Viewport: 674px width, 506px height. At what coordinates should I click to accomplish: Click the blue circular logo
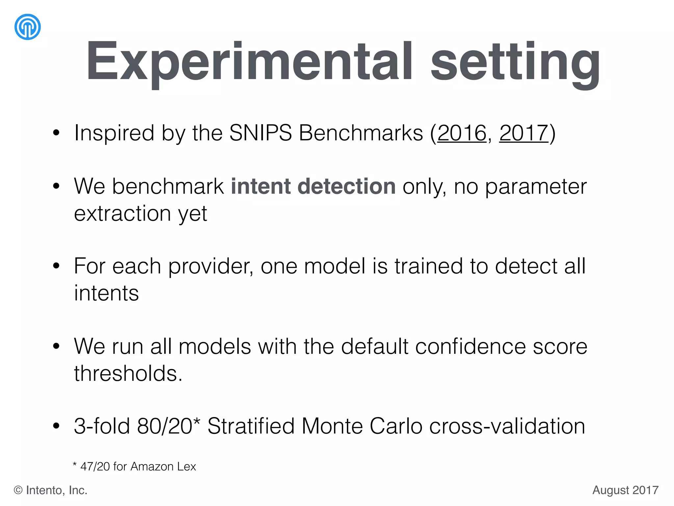pos(28,27)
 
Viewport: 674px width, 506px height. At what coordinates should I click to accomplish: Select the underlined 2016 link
pos(462,133)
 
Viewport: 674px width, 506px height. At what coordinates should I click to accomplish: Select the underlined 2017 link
pos(524,133)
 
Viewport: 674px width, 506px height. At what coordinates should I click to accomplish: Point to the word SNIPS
pos(260,133)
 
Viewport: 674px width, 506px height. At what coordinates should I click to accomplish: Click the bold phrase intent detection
pos(313,186)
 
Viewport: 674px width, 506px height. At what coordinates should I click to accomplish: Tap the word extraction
pos(122,213)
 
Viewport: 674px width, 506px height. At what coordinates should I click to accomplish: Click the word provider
pos(210,266)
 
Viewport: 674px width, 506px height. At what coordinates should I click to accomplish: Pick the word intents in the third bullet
pos(106,293)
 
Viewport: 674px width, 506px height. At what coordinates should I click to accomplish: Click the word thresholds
pos(128,374)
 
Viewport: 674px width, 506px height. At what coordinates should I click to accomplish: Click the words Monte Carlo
pos(362,426)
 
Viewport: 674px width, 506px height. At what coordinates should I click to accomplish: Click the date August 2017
pos(625,490)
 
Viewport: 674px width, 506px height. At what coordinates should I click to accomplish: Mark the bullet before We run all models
pos(56,346)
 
